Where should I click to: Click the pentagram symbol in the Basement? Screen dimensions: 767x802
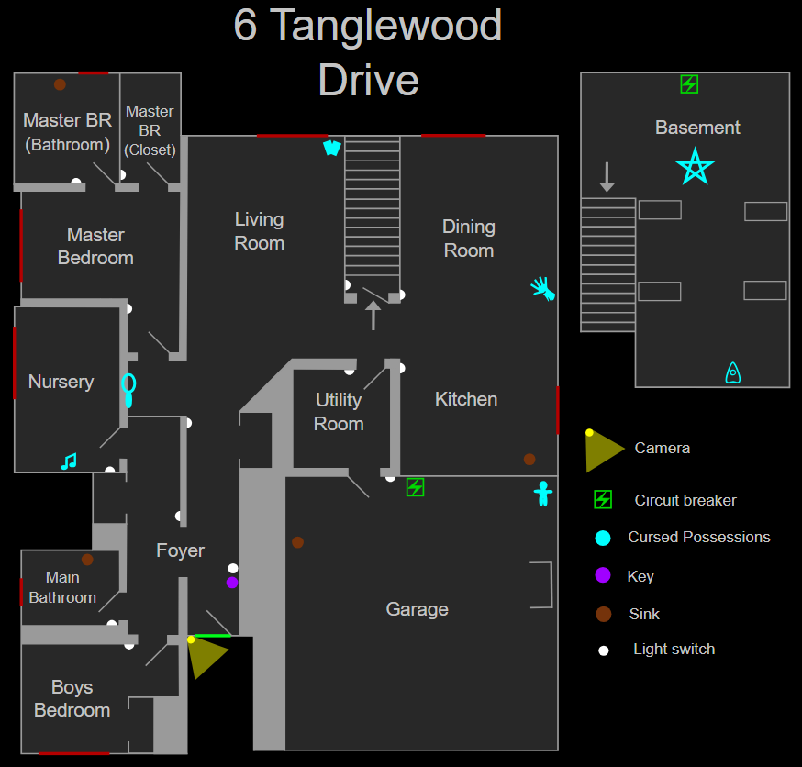pyautogui.click(x=695, y=167)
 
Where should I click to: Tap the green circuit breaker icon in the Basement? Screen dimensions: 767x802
pyautogui.click(x=689, y=84)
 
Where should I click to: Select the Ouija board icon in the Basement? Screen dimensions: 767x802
pyautogui.click(x=733, y=372)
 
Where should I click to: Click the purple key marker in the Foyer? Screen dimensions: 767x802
pyautogui.click(x=232, y=583)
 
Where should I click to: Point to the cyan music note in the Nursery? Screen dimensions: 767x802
pyautogui.click(x=69, y=461)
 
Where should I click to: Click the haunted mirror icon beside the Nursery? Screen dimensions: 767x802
pyautogui.click(x=129, y=389)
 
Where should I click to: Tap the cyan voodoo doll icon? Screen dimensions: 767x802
pyautogui.click(x=543, y=494)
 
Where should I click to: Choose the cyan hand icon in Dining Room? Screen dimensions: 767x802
pyautogui.click(x=543, y=288)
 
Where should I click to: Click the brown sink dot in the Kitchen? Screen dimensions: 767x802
pyautogui.click(x=529, y=459)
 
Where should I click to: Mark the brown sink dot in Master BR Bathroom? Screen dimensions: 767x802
pyautogui.click(x=60, y=84)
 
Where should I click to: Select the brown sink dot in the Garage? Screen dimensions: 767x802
pyautogui.click(x=297, y=542)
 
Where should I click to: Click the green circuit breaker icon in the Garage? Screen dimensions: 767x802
pyautogui.click(x=416, y=487)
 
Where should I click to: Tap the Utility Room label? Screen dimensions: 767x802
pyautogui.click(x=339, y=412)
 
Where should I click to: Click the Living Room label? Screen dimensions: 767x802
pyautogui.click(x=259, y=231)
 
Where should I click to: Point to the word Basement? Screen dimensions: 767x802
pyautogui.click(x=697, y=128)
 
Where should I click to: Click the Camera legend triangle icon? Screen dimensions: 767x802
pyautogui.click(x=603, y=450)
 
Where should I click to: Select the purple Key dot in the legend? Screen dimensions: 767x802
pyautogui.click(x=603, y=575)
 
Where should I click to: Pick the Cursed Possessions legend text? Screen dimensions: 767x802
pyautogui.click(x=699, y=537)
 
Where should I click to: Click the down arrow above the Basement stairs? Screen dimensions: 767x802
pyautogui.click(x=607, y=177)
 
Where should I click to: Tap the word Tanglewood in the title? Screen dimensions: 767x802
pyautogui.click(x=386, y=26)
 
